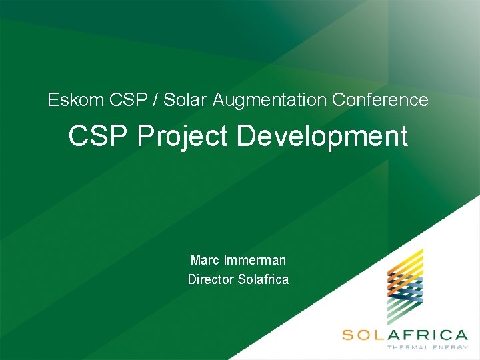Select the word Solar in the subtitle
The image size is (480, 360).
point(186,100)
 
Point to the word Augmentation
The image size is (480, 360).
point(270,101)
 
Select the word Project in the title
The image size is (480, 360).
point(182,137)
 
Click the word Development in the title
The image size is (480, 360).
point(322,136)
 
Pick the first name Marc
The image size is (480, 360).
point(205,260)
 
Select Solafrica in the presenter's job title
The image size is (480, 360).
point(263,279)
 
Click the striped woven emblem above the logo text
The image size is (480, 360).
point(405,287)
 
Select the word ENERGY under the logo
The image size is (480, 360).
point(450,347)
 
